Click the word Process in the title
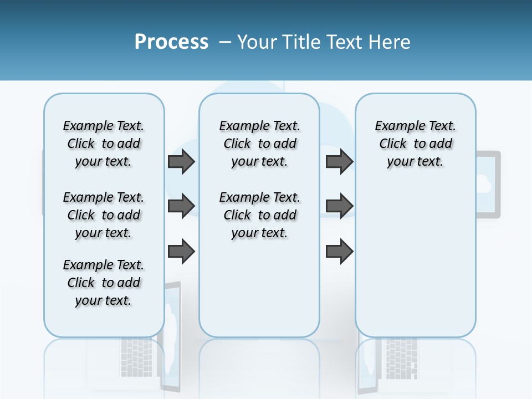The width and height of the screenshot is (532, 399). tap(171, 42)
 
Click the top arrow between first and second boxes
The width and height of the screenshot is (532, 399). tap(181, 162)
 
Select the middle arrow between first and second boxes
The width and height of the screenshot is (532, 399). tap(181, 206)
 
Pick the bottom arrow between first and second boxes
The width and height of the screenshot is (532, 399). tap(181, 251)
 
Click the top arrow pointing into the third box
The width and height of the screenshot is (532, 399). tap(339, 162)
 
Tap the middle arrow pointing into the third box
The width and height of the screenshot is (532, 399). tap(339, 206)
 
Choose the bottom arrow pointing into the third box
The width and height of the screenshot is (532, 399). tap(339, 251)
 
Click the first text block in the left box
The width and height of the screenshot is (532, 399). tap(104, 144)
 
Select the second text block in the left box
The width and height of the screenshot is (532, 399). tap(104, 215)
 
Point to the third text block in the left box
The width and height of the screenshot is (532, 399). tap(104, 283)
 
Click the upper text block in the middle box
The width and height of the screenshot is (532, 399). tap(260, 144)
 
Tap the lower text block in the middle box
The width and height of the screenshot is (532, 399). tap(260, 215)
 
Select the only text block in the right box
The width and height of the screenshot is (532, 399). tap(416, 144)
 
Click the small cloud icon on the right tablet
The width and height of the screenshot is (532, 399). tap(483, 182)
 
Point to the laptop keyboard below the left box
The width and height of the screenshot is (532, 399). tap(136, 355)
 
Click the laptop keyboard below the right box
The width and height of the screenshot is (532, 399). tap(402, 355)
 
